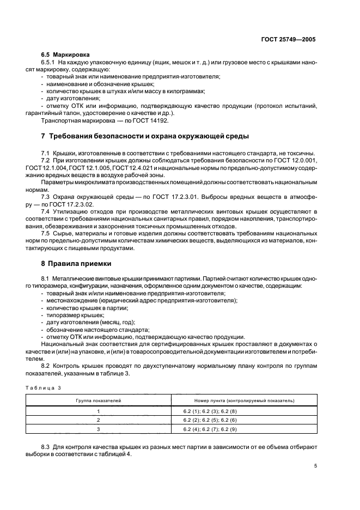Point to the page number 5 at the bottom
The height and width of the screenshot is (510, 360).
[315, 465]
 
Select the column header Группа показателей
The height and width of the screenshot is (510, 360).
[99, 400]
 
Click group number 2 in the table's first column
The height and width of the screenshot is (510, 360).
[99, 421]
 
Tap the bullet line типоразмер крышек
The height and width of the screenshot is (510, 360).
[75, 315]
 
